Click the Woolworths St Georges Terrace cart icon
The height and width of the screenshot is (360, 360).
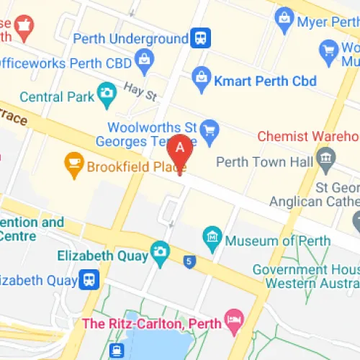point(210,130)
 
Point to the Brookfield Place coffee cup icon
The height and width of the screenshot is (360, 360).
point(73,164)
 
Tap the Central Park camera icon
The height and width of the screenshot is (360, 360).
point(107,92)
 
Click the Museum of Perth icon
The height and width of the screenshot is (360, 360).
point(212,235)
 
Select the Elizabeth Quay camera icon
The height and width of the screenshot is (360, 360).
point(160,252)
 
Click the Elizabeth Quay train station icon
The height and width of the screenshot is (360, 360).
point(89,278)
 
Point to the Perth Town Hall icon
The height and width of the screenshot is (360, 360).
point(326,157)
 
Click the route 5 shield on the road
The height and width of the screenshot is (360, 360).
point(189,260)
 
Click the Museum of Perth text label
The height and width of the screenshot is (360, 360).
point(277,240)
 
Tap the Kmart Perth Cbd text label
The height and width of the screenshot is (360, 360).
point(265,80)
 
